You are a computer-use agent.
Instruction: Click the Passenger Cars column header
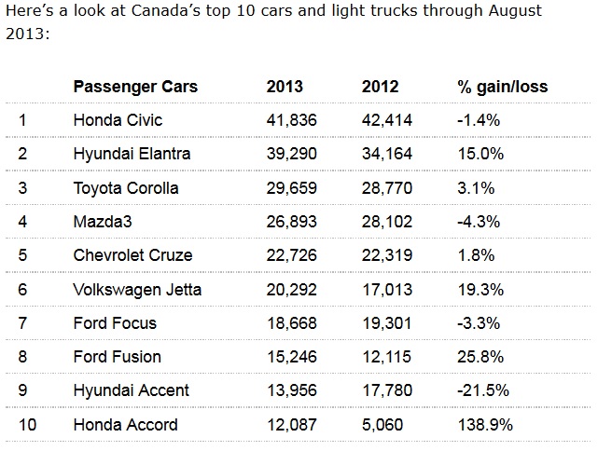135,87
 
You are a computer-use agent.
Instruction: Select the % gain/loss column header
502,87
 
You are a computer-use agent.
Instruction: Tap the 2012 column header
380,87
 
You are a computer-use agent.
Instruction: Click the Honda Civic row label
118,120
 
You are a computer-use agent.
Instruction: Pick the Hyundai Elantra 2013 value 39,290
291,154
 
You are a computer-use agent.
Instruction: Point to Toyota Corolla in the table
126,188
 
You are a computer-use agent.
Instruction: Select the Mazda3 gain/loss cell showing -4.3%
479,222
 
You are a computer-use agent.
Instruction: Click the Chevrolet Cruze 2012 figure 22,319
387,255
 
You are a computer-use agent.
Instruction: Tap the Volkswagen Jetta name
137,290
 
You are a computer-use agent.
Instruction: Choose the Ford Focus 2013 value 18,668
291,323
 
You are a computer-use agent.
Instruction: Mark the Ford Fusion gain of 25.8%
480,357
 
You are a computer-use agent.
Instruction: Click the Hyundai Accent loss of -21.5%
483,391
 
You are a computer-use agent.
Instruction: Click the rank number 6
22,290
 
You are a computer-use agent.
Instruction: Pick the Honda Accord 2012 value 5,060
381,425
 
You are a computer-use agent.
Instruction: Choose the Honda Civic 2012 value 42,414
387,120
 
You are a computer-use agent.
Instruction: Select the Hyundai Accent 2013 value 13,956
291,391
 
